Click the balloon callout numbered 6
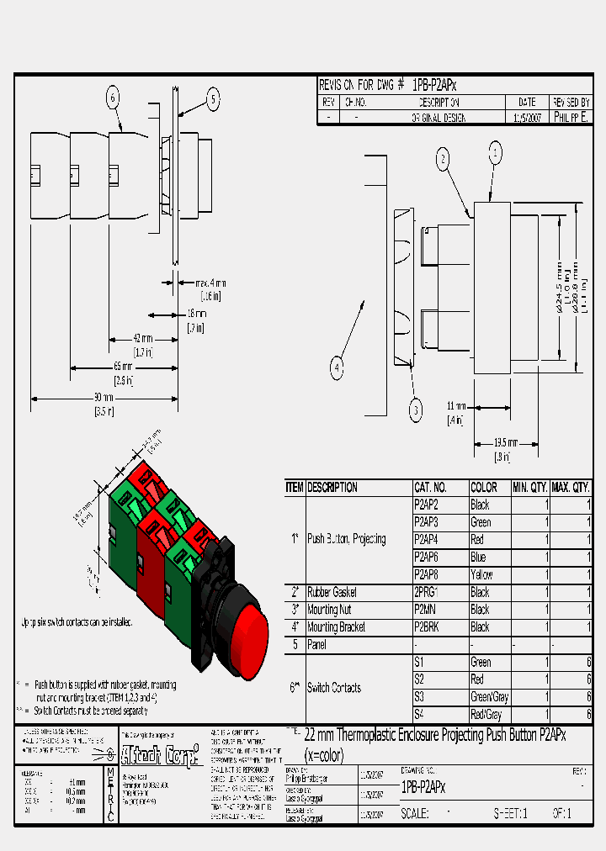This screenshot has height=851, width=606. pyautogui.click(x=113, y=98)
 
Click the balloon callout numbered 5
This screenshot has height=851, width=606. pyautogui.click(x=213, y=100)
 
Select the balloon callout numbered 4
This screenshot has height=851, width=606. pyautogui.click(x=337, y=367)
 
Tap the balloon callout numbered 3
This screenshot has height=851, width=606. pyautogui.click(x=415, y=410)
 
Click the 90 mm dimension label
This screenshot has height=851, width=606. pyautogui.click(x=103, y=397)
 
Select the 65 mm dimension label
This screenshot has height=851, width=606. pyautogui.click(x=123, y=367)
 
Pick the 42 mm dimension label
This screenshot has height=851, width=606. pyautogui.click(x=143, y=338)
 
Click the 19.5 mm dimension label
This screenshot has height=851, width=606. pyautogui.click(x=505, y=443)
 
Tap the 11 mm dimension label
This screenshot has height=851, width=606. pyautogui.click(x=456, y=406)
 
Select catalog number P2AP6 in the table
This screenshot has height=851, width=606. pyautogui.click(x=427, y=557)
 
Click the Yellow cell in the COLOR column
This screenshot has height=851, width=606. pyautogui.click(x=482, y=574)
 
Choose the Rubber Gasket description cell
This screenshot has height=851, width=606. pyautogui.click(x=332, y=592)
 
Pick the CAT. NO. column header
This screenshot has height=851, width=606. pyautogui.click(x=430, y=487)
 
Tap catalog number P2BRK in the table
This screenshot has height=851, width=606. pyautogui.click(x=428, y=627)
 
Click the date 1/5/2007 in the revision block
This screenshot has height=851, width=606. pyautogui.click(x=527, y=118)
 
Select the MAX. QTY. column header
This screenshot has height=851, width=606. pyautogui.click(x=570, y=487)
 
